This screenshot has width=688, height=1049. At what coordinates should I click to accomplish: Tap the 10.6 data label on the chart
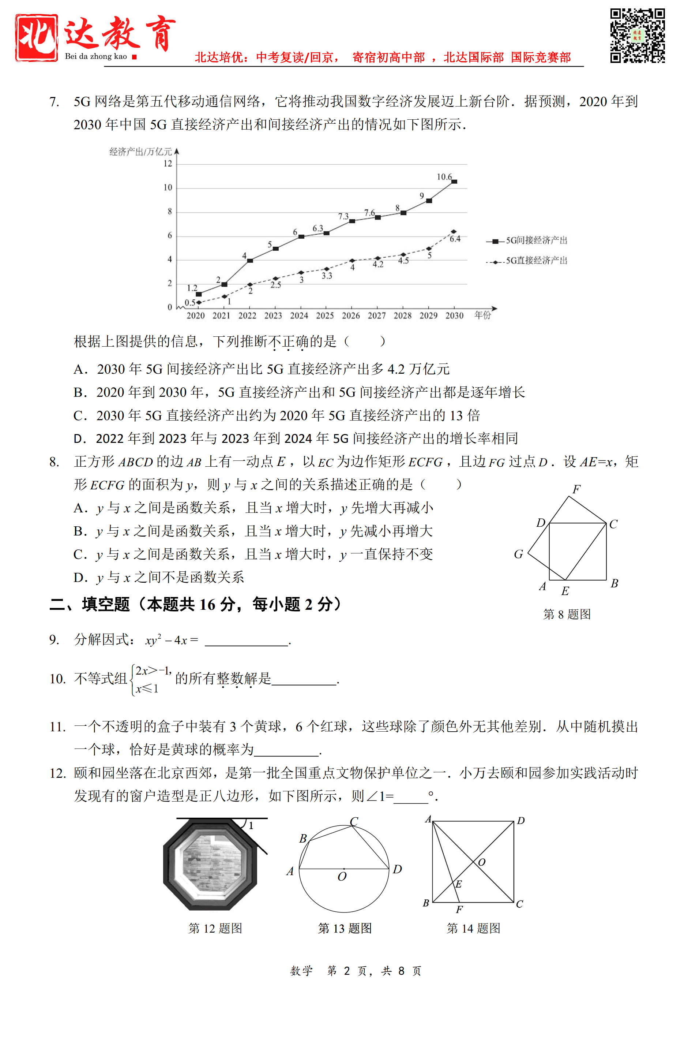tap(444, 177)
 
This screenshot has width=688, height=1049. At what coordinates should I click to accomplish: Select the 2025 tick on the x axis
tap(325, 316)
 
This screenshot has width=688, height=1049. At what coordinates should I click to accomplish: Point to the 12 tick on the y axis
tap(168, 164)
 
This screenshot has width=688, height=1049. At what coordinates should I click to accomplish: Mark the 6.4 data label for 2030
tap(455, 239)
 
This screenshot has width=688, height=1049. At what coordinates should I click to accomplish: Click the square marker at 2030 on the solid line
tap(454, 182)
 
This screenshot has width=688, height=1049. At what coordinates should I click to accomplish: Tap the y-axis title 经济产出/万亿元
tap(140, 152)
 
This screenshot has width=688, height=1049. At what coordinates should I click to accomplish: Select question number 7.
tap(54, 102)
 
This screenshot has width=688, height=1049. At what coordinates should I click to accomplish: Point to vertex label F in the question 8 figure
tap(576, 489)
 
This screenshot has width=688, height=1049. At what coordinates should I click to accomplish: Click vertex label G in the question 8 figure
tap(518, 554)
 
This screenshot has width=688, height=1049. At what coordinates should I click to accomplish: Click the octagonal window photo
tap(211, 864)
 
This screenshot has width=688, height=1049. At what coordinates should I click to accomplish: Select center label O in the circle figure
tap(342, 877)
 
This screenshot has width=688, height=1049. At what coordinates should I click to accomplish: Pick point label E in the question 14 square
tap(459, 884)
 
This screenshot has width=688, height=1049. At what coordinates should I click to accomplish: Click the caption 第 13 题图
tap(345, 928)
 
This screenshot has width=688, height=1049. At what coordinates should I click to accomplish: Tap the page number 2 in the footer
tap(347, 971)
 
